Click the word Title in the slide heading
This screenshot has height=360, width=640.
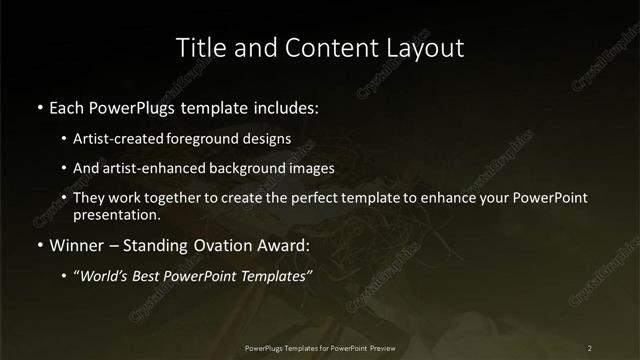pos(199,47)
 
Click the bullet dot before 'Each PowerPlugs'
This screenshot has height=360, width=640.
pos(38,105)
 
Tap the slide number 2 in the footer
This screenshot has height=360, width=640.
pos(590,347)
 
